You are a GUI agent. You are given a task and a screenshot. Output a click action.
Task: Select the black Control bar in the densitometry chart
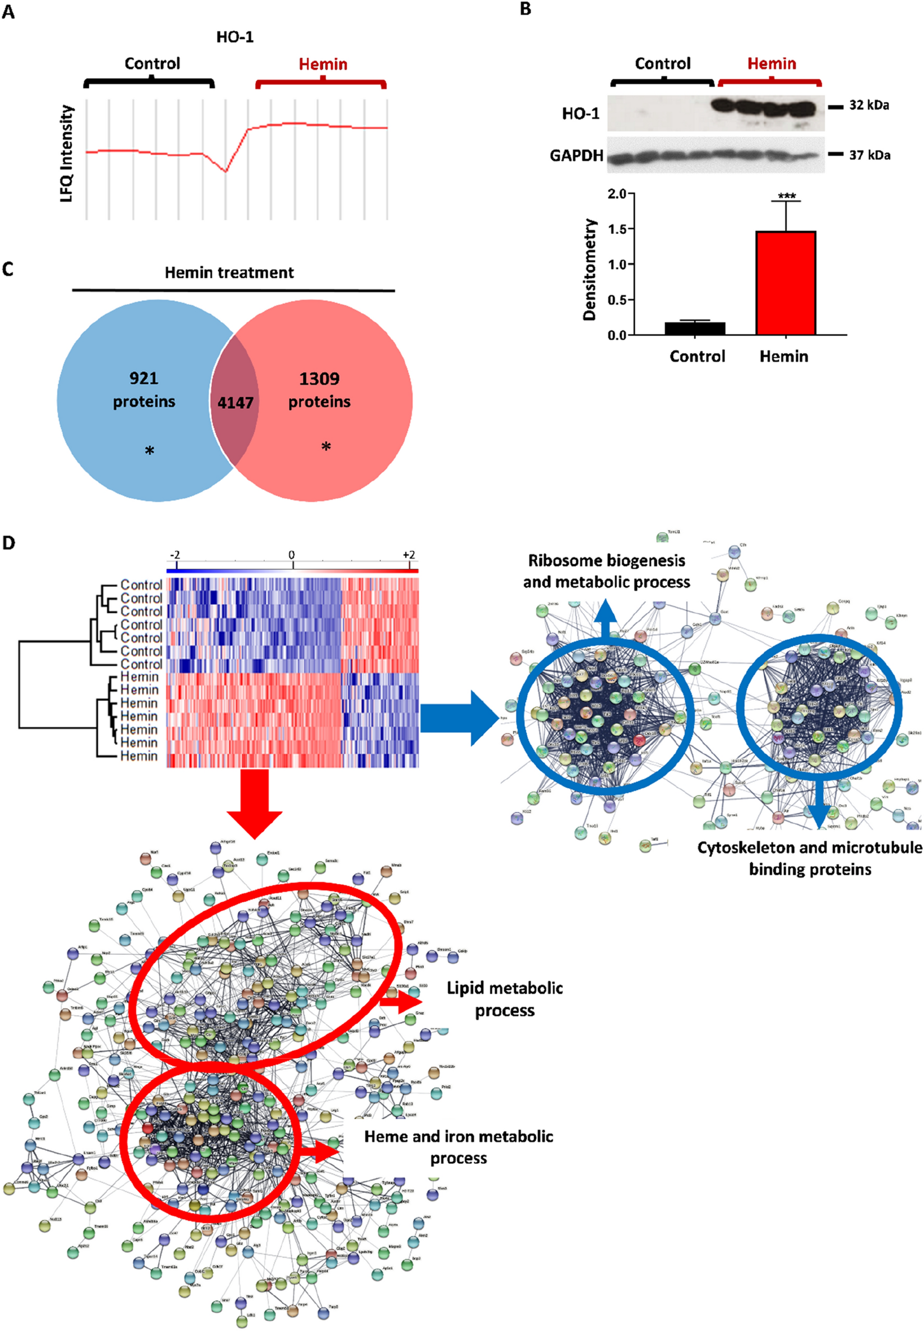tap(695, 328)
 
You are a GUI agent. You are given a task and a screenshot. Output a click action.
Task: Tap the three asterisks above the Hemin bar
tap(787, 196)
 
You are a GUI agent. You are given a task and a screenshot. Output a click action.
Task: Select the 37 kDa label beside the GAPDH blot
tap(869, 155)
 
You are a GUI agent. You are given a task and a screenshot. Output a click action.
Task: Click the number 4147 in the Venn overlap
tap(235, 402)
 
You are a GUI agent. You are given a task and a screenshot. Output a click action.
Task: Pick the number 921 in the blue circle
tap(144, 378)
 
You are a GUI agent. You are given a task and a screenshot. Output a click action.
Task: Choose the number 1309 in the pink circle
tap(319, 379)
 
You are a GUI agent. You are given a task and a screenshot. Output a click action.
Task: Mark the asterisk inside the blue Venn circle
tap(149, 451)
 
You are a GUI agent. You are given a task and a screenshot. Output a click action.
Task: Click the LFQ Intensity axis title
tap(67, 153)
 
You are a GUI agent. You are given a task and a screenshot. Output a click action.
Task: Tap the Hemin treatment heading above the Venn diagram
tap(229, 272)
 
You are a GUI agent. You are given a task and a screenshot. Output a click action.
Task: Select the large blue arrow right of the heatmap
tap(459, 718)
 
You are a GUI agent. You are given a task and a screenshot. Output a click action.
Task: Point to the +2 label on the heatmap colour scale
tap(409, 555)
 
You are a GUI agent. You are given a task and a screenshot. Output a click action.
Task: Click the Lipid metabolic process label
tap(505, 999)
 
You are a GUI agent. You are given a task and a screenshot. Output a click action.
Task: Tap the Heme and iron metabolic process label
tap(458, 1147)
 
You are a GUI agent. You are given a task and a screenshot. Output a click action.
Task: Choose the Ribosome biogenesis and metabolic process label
tap(607, 571)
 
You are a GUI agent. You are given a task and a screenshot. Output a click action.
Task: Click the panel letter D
tap(8, 543)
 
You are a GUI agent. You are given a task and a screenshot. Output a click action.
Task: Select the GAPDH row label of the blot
tap(576, 156)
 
